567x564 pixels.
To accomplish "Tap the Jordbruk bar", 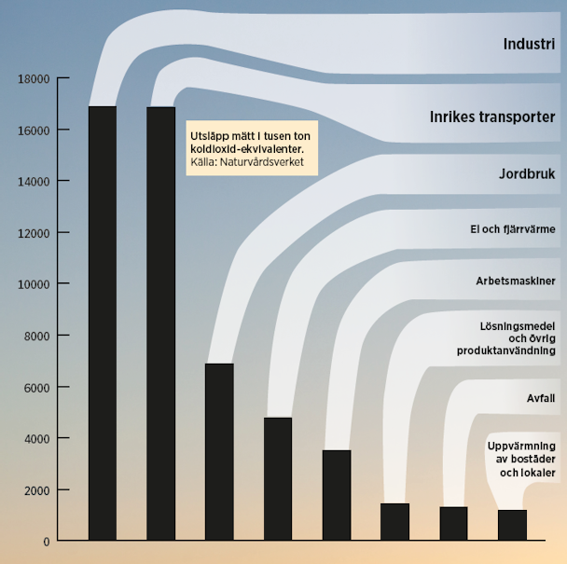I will [219, 452].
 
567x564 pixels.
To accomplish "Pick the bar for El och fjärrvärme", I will [278, 479].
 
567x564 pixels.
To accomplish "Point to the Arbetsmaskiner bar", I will [337, 495].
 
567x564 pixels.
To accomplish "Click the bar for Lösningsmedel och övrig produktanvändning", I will [394, 522].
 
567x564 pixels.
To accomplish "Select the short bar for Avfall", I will [453, 524].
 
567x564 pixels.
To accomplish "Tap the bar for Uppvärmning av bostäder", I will [512, 526].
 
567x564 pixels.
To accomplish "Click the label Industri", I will [529, 44].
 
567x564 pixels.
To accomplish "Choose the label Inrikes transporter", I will [492, 117].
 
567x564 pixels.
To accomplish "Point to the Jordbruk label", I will [527, 174].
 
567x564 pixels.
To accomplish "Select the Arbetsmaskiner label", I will [516, 280].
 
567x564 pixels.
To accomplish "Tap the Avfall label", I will [540, 399].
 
